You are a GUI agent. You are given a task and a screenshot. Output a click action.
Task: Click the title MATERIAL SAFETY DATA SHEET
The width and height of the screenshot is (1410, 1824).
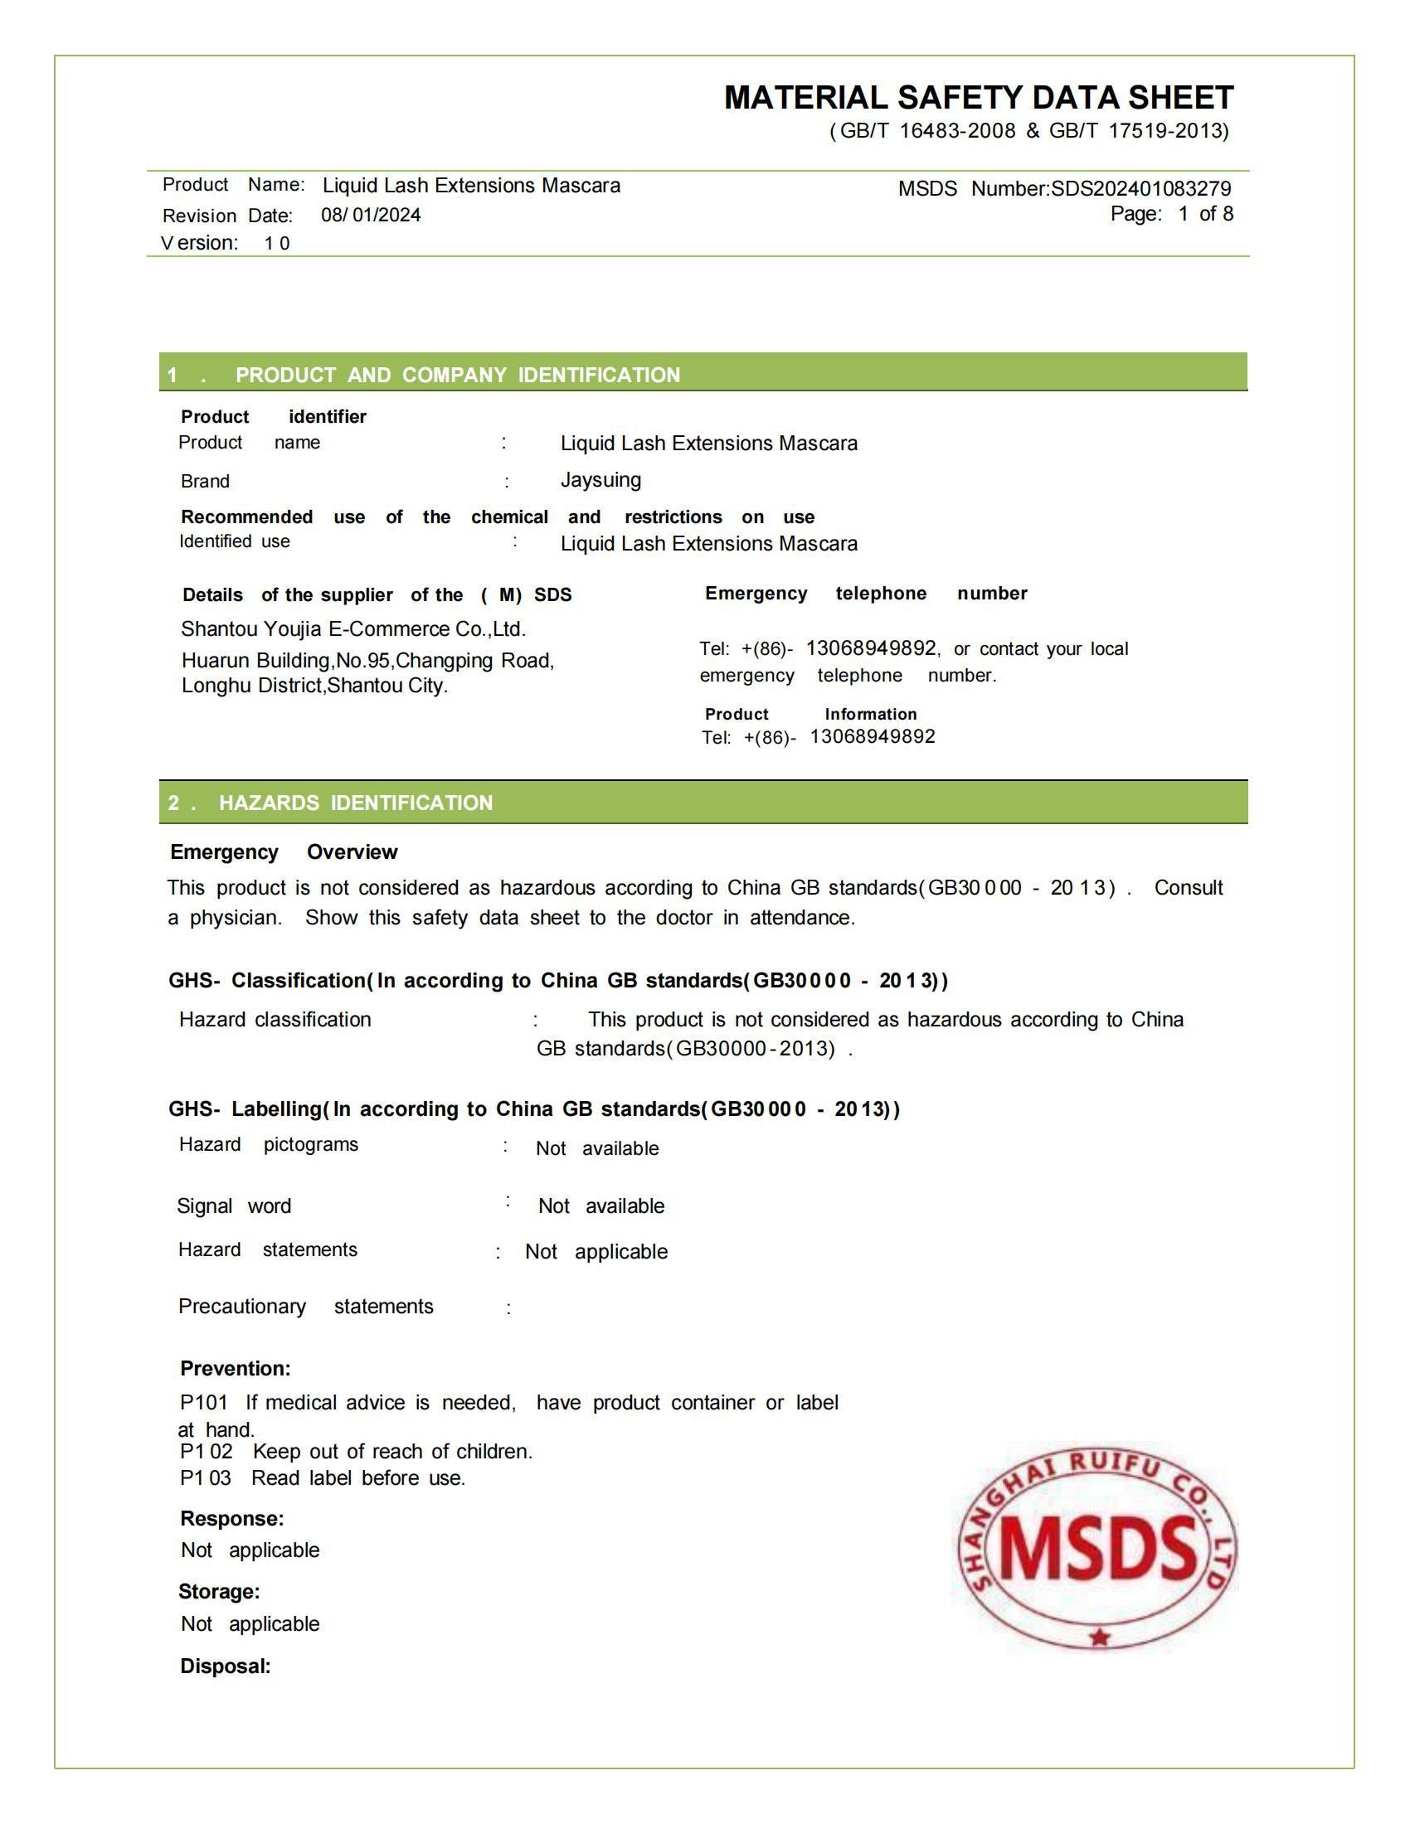978,98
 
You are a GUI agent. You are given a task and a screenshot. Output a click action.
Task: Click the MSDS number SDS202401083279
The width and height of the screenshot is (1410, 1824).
1141,189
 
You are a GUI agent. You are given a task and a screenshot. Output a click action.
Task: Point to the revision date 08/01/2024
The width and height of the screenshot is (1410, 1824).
371,216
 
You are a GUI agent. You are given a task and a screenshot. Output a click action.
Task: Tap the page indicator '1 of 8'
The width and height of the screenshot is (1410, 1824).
1205,214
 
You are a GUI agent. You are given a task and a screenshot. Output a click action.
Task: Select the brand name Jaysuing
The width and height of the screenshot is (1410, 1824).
600,480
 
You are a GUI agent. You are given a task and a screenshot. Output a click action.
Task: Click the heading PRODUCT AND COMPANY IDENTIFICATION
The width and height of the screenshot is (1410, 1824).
457,375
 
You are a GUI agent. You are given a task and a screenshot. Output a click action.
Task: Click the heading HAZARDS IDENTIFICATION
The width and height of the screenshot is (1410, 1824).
355,803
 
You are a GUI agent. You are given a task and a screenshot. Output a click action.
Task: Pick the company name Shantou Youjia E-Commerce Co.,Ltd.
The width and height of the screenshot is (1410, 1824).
353,629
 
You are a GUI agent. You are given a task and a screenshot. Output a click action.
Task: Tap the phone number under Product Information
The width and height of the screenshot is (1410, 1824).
872,736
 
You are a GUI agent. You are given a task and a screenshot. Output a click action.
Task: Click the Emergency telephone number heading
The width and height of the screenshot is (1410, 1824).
865,593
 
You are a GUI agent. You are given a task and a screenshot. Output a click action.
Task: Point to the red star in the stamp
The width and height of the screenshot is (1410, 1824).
1099,1637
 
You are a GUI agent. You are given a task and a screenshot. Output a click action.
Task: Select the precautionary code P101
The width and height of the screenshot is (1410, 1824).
203,1402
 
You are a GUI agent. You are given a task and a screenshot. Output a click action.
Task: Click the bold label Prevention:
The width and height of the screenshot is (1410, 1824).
236,1368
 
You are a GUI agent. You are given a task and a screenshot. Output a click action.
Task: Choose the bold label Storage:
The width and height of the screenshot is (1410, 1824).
219,1592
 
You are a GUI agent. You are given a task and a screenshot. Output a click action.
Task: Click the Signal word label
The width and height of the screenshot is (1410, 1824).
234,1206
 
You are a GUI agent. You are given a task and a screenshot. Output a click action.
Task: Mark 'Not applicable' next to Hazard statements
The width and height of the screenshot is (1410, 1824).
596,1252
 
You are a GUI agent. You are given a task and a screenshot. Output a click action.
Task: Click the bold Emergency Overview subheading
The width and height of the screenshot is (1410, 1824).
284,851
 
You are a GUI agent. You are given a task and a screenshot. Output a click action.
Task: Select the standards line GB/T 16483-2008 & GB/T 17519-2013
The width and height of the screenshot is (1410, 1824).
1029,131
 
